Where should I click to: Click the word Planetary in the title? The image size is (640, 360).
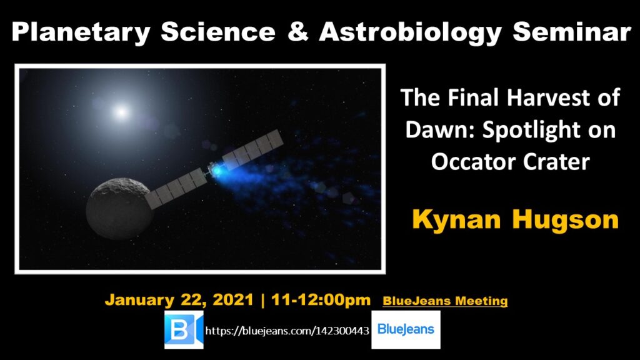point(81,32)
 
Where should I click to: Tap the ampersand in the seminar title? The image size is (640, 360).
point(297,31)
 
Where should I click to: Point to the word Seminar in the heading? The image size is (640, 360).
point(572,32)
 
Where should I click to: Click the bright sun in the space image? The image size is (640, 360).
point(121,111)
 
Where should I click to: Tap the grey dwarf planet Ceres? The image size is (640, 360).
point(118,208)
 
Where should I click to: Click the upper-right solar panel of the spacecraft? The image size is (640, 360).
point(253,149)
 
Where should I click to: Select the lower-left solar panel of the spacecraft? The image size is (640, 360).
point(176,189)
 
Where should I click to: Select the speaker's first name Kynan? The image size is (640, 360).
point(456,220)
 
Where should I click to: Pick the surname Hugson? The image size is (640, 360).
point(565,220)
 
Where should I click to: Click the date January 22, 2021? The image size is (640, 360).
point(179,300)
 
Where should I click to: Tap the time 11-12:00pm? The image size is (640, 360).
point(321,300)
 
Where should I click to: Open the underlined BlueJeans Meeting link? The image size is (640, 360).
point(445,301)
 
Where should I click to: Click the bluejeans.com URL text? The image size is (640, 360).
point(287,331)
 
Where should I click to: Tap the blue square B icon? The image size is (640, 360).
point(184,330)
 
